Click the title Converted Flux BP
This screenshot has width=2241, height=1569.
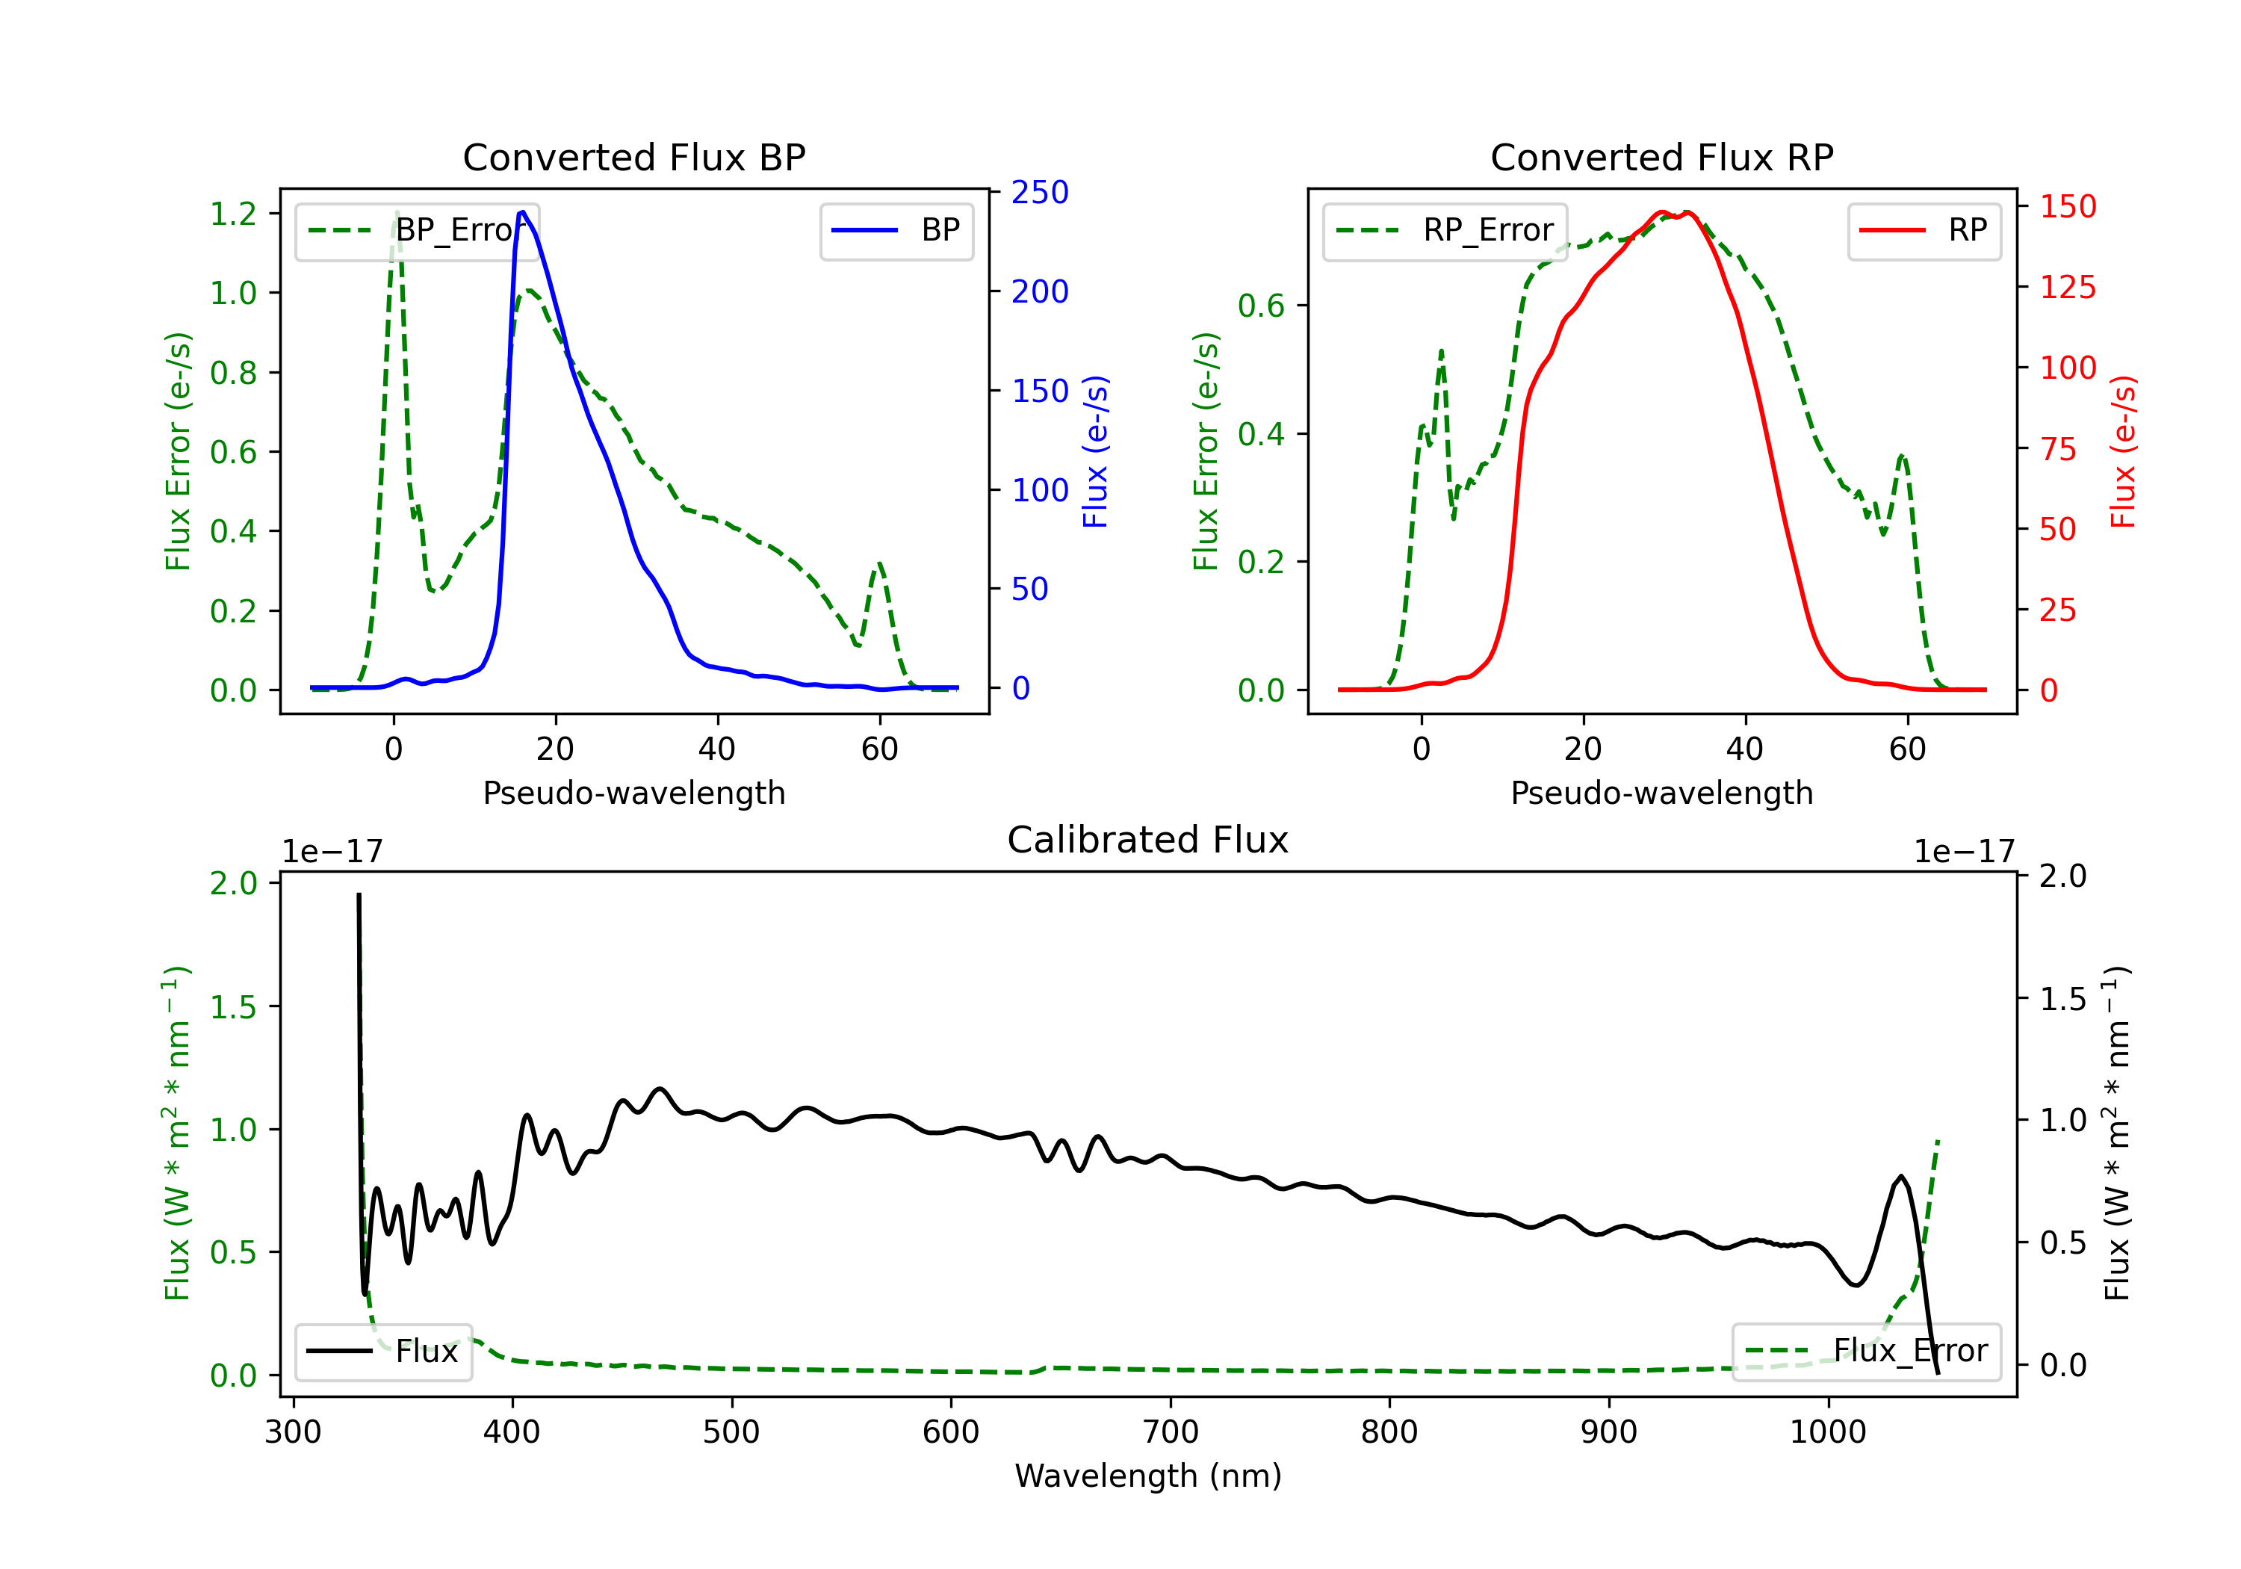633,157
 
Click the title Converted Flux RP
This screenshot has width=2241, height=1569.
1661,157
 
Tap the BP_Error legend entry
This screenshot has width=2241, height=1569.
417,230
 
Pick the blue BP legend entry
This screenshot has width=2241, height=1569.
896,230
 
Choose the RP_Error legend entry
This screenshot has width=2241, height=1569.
1445,230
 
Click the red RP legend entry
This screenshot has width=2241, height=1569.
1924,230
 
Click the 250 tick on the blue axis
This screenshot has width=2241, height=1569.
1040,192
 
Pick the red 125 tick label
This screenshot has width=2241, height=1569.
2067,287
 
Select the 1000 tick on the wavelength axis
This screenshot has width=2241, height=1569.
1827,1432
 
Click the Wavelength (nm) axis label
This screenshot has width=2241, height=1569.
1148,1476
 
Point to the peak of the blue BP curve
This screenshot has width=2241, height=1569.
522,212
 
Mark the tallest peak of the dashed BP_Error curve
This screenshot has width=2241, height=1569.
396,213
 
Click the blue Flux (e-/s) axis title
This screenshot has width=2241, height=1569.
1095,451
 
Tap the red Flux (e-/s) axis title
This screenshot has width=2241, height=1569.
2123,451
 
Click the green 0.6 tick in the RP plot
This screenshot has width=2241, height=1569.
1260,306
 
